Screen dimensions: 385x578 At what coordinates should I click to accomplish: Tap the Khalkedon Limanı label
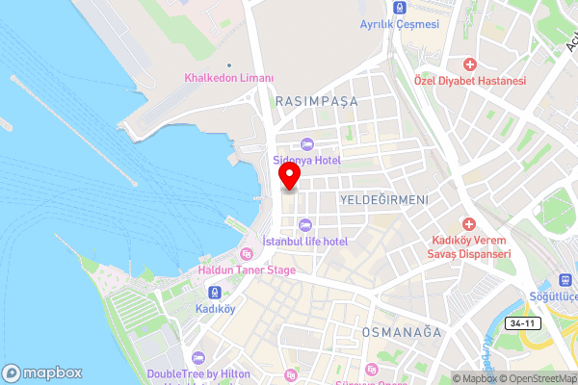(x=229, y=78)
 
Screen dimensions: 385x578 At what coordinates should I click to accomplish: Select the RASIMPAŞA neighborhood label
(x=316, y=101)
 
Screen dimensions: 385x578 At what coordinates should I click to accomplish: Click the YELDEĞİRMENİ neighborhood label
(x=383, y=197)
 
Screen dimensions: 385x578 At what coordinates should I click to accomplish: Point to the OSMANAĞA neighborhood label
(x=401, y=332)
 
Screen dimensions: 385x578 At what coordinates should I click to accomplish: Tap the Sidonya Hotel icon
(x=306, y=143)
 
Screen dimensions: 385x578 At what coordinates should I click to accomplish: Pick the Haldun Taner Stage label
(x=247, y=270)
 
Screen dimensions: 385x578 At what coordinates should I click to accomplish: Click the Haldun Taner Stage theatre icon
(x=247, y=255)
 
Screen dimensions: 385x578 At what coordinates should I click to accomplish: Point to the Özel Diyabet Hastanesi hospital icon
(x=469, y=64)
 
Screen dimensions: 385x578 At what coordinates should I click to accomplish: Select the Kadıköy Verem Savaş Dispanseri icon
(x=469, y=222)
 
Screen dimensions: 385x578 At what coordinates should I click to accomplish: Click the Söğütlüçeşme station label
(x=556, y=295)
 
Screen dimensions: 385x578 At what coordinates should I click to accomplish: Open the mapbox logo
(x=42, y=372)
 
